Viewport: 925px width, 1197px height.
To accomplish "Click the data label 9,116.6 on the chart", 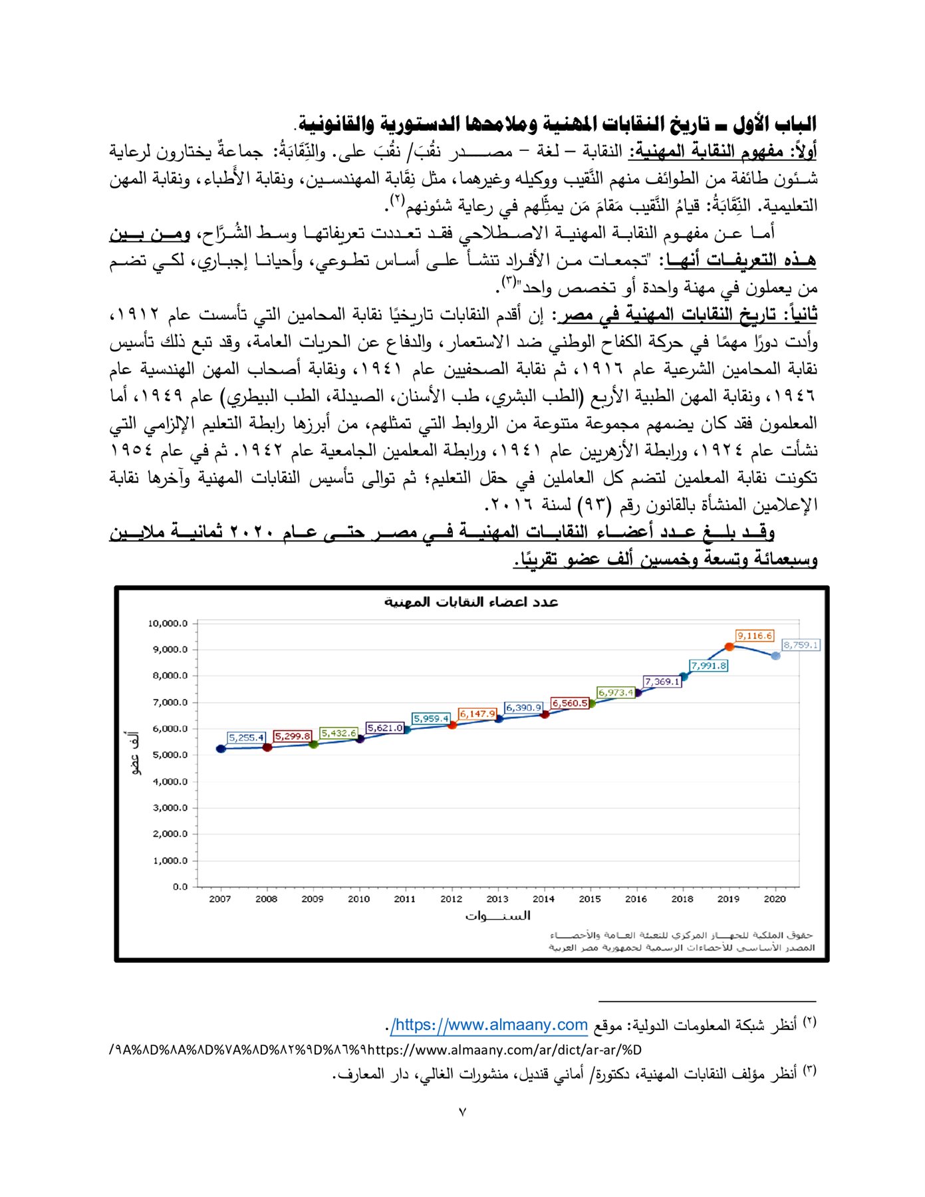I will point(754,636).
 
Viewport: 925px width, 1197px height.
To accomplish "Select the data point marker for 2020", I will point(775,656).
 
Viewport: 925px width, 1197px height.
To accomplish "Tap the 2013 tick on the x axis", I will point(497,899).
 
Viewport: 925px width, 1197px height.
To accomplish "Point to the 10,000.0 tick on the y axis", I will point(168,623).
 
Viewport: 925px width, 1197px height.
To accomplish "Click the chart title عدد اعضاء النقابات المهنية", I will point(471,602).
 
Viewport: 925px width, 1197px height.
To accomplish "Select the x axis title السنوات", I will point(497,916).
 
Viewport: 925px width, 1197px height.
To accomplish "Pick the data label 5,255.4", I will point(247,737).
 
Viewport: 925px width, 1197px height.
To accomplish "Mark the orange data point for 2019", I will point(729,646).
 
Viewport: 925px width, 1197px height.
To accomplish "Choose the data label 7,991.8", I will point(708,666).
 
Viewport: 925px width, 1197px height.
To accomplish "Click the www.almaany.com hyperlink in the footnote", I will point(490,1025).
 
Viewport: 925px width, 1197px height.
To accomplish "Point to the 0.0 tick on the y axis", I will point(180,886).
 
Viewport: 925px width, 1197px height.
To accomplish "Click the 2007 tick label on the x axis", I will point(220,899).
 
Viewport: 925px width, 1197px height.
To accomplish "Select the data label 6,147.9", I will point(477,714).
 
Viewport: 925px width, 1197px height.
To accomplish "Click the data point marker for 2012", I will point(452,725).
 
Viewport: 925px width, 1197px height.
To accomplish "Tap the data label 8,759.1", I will point(801,645).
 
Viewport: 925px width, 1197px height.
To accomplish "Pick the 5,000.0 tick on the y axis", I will point(170,755).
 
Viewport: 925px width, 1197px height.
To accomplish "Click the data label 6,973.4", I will point(615,692).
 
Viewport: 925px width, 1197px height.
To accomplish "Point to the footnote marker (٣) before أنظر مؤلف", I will point(809,1071).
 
